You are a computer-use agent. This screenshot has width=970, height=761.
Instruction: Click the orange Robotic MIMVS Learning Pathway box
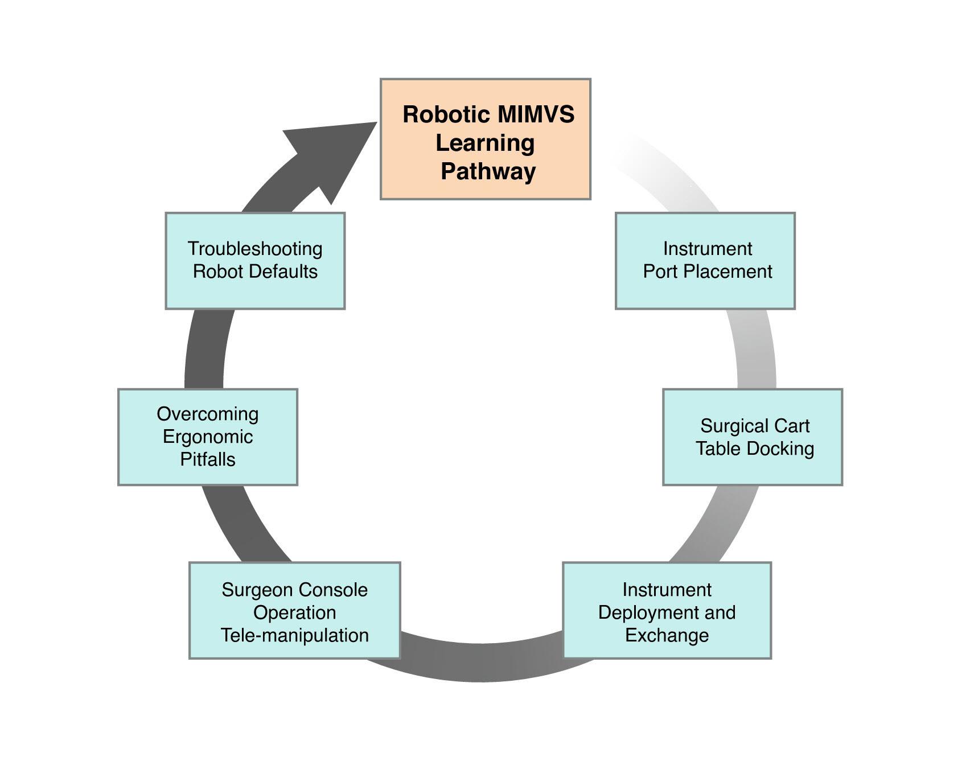coord(485,139)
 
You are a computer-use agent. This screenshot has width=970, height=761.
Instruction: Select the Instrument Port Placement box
coord(705,261)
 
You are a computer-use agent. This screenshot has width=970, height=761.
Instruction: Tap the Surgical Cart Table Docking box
coord(752,437)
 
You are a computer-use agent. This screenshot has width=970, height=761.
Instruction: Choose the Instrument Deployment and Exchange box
coord(667,611)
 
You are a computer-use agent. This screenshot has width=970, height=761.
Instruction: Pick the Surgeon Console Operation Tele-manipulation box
coord(294,611)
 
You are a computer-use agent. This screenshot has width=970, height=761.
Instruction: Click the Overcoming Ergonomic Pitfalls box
coord(207,437)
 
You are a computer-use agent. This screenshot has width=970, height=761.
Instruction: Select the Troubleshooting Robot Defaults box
coord(255,261)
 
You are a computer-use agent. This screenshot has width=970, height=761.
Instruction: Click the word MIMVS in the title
coord(536,114)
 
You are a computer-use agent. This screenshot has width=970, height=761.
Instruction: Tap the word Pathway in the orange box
coord(488,171)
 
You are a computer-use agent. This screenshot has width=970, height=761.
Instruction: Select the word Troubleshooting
coord(255,249)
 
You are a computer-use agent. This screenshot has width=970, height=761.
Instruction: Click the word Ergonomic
coord(208,437)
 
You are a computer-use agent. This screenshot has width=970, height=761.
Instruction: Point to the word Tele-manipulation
coord(294,635)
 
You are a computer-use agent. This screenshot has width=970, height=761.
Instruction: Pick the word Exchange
coord(667,635)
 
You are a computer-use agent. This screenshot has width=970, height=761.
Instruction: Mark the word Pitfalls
coord(208,459)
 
